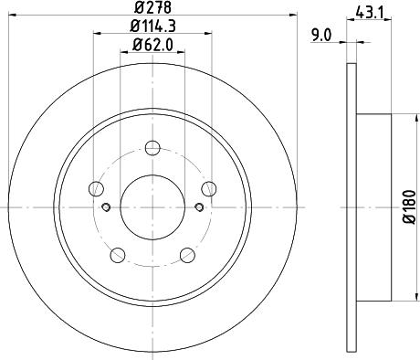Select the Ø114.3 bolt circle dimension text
[152, 29]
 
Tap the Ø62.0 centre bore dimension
[152, 47]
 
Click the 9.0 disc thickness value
[321, 35]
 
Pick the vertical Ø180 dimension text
[409, 206]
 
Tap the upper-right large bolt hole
[210, 188]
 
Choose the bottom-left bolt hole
[117, 255]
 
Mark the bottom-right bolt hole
[188, 255]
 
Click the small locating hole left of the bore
[106, 206]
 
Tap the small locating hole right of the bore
[199, 206]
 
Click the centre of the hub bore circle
[152, 206]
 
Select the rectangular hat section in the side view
[373, 206]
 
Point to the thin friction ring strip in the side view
[352, 206]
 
